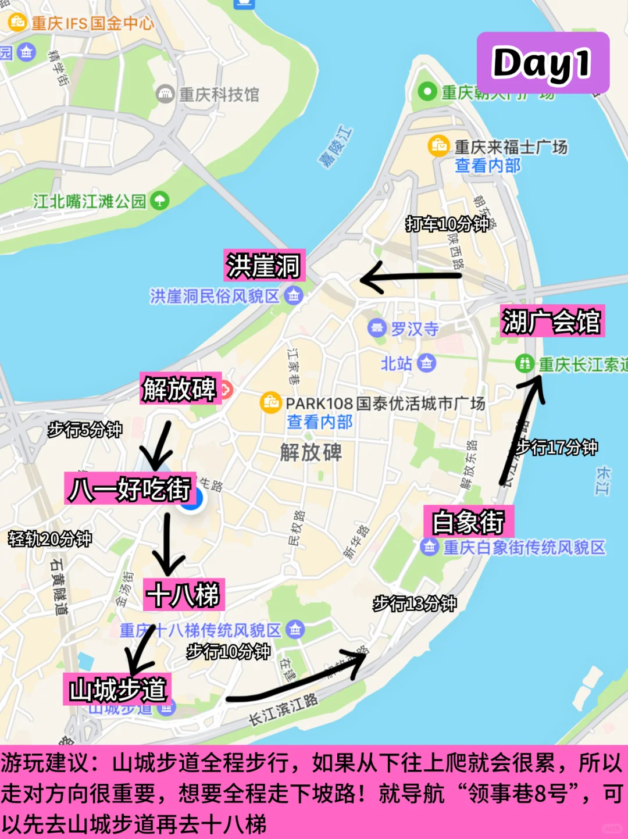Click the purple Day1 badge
543,63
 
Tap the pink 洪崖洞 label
263,266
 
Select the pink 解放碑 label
180,388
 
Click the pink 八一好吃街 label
130,488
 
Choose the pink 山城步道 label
117,690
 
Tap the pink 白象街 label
469,522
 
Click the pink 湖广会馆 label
551,321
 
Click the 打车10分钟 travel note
447,224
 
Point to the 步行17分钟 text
557,447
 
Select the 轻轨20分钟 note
50,539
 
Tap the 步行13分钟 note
415,604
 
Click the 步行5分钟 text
85,430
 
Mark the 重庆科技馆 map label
219,94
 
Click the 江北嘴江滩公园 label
90,201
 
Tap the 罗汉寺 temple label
415,329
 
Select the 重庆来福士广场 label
511,147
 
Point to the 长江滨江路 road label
283,710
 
